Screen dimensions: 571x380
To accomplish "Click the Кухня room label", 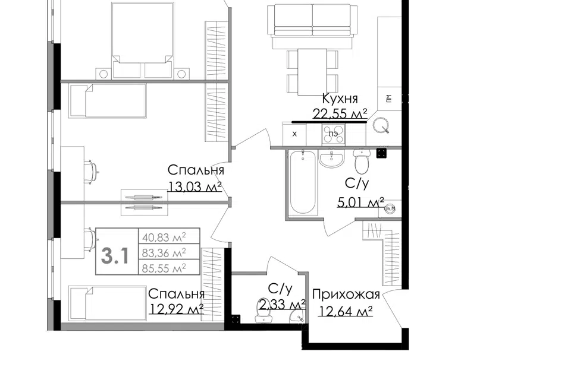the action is pyautogui.click(x=340, y=99).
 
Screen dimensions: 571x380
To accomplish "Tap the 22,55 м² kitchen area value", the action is pyautogui.click(x=340, y=114).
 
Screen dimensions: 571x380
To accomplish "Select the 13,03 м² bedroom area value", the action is pyautogui.click(x=194, y=186).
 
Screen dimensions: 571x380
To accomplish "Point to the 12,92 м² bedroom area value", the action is pyautogui.click(x=176, y=309).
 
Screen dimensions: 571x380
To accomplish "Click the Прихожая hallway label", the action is pyautogui.click(x=346, y=294).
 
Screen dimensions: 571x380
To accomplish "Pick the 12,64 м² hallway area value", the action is pyautogui.click(x=345, y=311).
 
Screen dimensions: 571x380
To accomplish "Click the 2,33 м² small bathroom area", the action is pyautogui.click(x=282, y=304).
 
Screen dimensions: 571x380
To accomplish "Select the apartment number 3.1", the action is pyautogui.click(x=115, y=255).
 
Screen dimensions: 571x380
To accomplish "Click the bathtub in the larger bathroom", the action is pyautogui.click(x=303, y=182).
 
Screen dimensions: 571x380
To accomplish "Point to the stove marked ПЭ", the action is pyautogui.click(x=333, y=134).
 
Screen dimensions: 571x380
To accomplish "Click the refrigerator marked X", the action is pyautogui.click(x=294, y=134).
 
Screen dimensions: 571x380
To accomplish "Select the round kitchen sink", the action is pyautogui.click(x=381, y=125).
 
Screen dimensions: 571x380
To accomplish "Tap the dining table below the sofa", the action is pyautogui.click(x=312, y=72).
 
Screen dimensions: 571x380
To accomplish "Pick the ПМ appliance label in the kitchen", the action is pyautogui.click(x=389, y=98).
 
